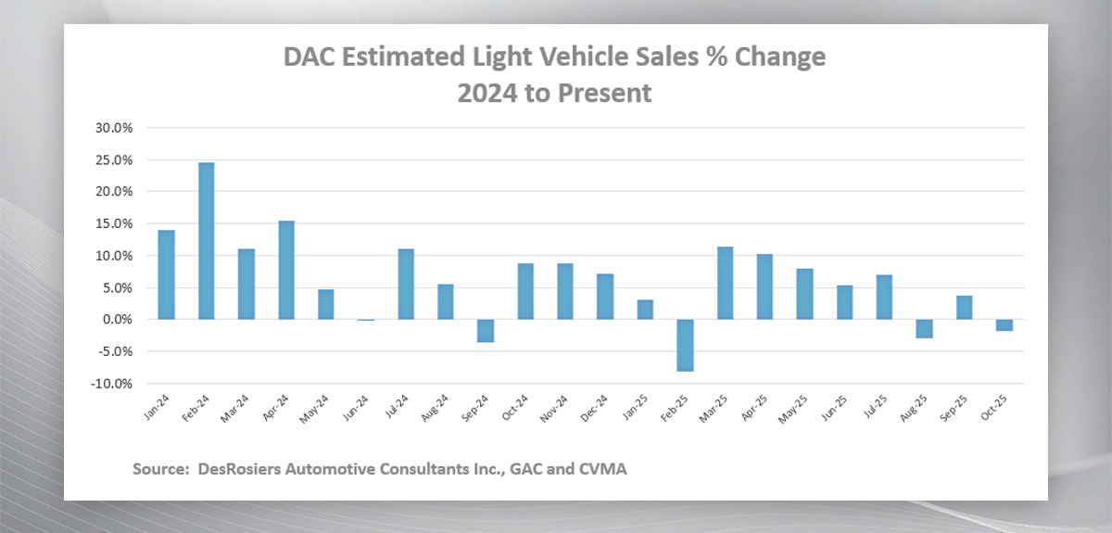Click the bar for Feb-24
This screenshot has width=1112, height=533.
[x=206, y=241]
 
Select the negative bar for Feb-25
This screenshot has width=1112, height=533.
[x=684, y=345]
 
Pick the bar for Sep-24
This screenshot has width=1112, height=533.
[x=485, y=331]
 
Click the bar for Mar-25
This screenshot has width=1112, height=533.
[x=724, y=283]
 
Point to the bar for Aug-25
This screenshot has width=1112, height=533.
[x=923, y=328]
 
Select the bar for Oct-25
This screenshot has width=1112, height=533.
[x=1003, y=324]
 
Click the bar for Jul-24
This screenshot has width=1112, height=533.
[x=405, y=284]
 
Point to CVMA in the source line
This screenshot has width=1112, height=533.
[x=603, y=469]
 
